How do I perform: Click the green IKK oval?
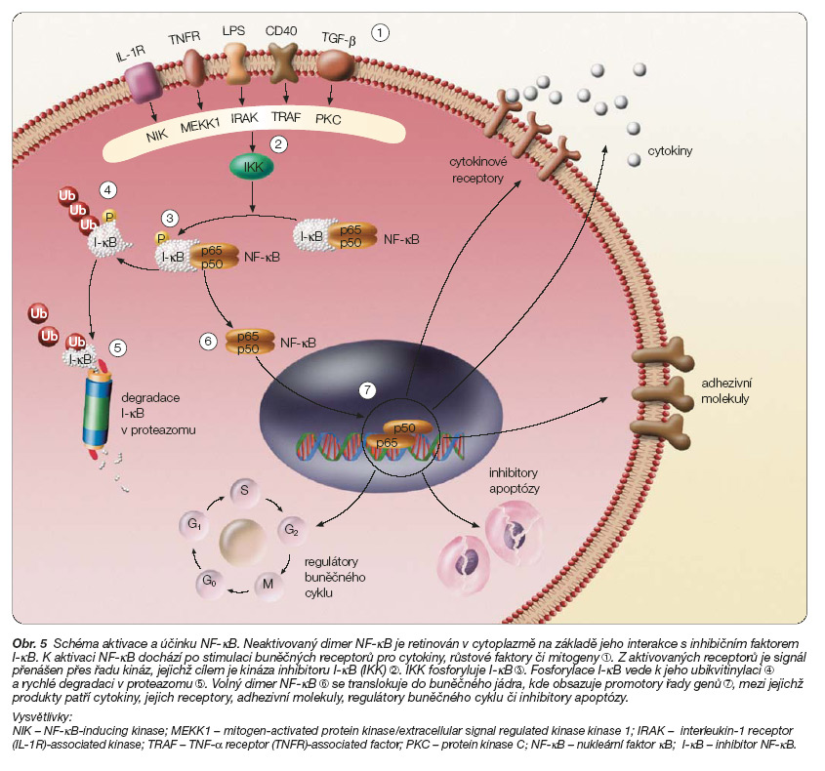(x=253, y=167)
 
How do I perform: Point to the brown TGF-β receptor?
(x=336, y=66)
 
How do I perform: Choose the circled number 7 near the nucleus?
(x=367, y=389)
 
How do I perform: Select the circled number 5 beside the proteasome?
(x=117, y=346)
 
